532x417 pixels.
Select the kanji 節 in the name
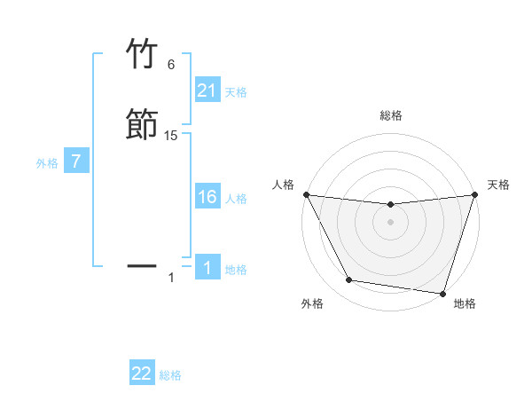pos(143,124)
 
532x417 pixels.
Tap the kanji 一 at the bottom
pos(143,264)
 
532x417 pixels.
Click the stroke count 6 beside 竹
pos(171,65)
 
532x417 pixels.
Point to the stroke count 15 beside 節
pos(171,136)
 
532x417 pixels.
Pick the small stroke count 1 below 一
pos(171,278)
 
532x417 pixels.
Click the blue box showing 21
pos(207,91)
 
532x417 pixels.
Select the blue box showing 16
pos(207,198)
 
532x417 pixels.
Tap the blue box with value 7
pos(76,162)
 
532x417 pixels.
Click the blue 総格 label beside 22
pos(170,375)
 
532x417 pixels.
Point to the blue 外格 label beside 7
pos(47,163)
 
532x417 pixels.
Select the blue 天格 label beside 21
pos(236,92)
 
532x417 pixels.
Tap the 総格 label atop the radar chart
pos(390,115)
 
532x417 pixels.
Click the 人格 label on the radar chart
pos(283,185)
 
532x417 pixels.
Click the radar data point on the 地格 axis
pos(442,293)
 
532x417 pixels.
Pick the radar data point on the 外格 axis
pos(348,280)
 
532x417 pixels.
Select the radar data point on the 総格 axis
pos(390,205)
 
